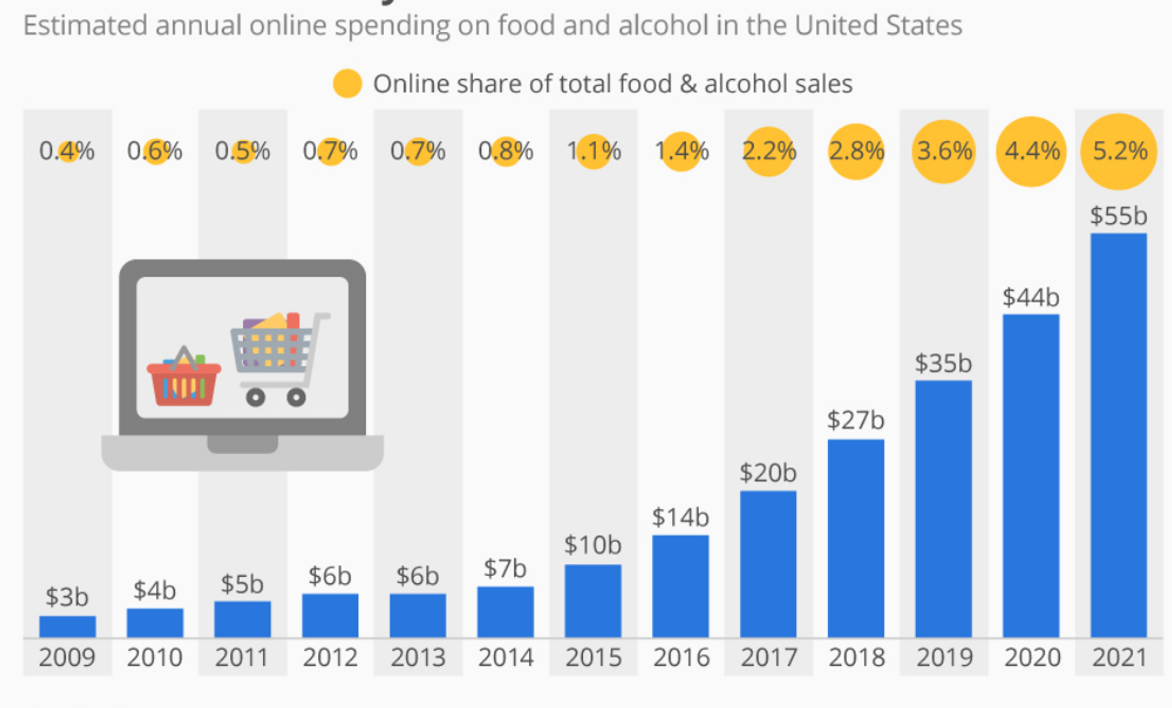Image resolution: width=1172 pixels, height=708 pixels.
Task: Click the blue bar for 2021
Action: pos(1118,435)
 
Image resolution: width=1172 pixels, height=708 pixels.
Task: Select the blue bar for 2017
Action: pos(768,564)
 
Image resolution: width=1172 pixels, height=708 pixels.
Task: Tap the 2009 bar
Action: pos(67,627)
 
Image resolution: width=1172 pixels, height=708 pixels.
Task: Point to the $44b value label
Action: pos(1031,297)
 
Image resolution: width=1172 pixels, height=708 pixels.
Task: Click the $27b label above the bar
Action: pos(856,420)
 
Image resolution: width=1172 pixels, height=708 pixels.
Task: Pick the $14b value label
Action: pos(680,517)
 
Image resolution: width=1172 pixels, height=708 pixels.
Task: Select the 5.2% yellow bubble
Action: pos(1118,151)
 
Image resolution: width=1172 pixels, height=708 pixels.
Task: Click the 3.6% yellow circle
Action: pos(943,151)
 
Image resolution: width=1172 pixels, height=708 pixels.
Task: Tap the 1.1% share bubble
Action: pos(594,151)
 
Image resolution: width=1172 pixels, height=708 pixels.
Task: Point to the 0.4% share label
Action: pos(67,151)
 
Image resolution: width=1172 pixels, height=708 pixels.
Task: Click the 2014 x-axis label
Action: pos(506,657)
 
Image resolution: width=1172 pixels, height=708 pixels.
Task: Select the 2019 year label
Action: pos(944,657)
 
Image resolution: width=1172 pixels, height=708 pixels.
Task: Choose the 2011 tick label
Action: pos(242,657)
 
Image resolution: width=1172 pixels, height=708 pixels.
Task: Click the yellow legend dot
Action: pos(347,83)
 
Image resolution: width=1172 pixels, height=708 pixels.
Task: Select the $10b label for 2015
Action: pos(592,545)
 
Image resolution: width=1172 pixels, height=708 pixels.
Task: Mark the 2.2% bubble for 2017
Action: pos(768,151)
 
